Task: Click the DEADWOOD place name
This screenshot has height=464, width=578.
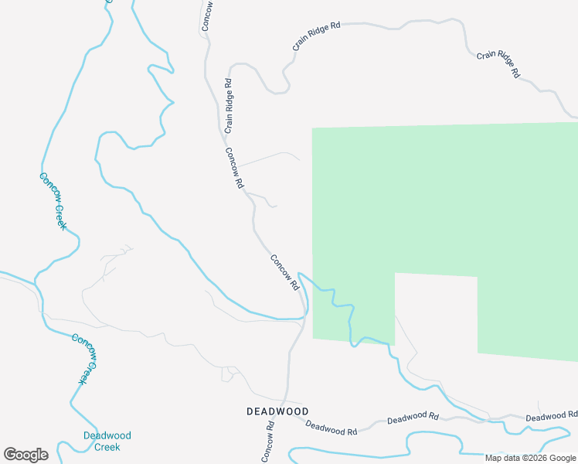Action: (x=277, y=411)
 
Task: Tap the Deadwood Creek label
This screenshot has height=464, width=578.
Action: (x=107, y=441)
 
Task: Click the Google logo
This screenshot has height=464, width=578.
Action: (x=25, y=455)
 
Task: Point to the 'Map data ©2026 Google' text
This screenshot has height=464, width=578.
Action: (x=531, y=458)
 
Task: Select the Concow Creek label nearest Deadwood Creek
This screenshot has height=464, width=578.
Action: (x=86, y=358)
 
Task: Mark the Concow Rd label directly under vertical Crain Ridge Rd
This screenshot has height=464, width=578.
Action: (x=234, y=169)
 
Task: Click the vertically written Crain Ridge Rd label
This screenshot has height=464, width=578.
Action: (x=228, y=105)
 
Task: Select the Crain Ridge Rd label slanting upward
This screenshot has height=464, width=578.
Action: (x=316, y=37)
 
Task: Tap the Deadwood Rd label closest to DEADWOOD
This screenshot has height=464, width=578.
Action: (x=331, y=427)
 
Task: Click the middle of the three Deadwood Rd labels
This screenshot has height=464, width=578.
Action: (x=413, y=418)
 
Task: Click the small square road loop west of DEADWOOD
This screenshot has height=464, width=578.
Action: (x=229, y=374)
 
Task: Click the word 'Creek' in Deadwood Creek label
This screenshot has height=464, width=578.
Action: (x=107, y=447)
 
